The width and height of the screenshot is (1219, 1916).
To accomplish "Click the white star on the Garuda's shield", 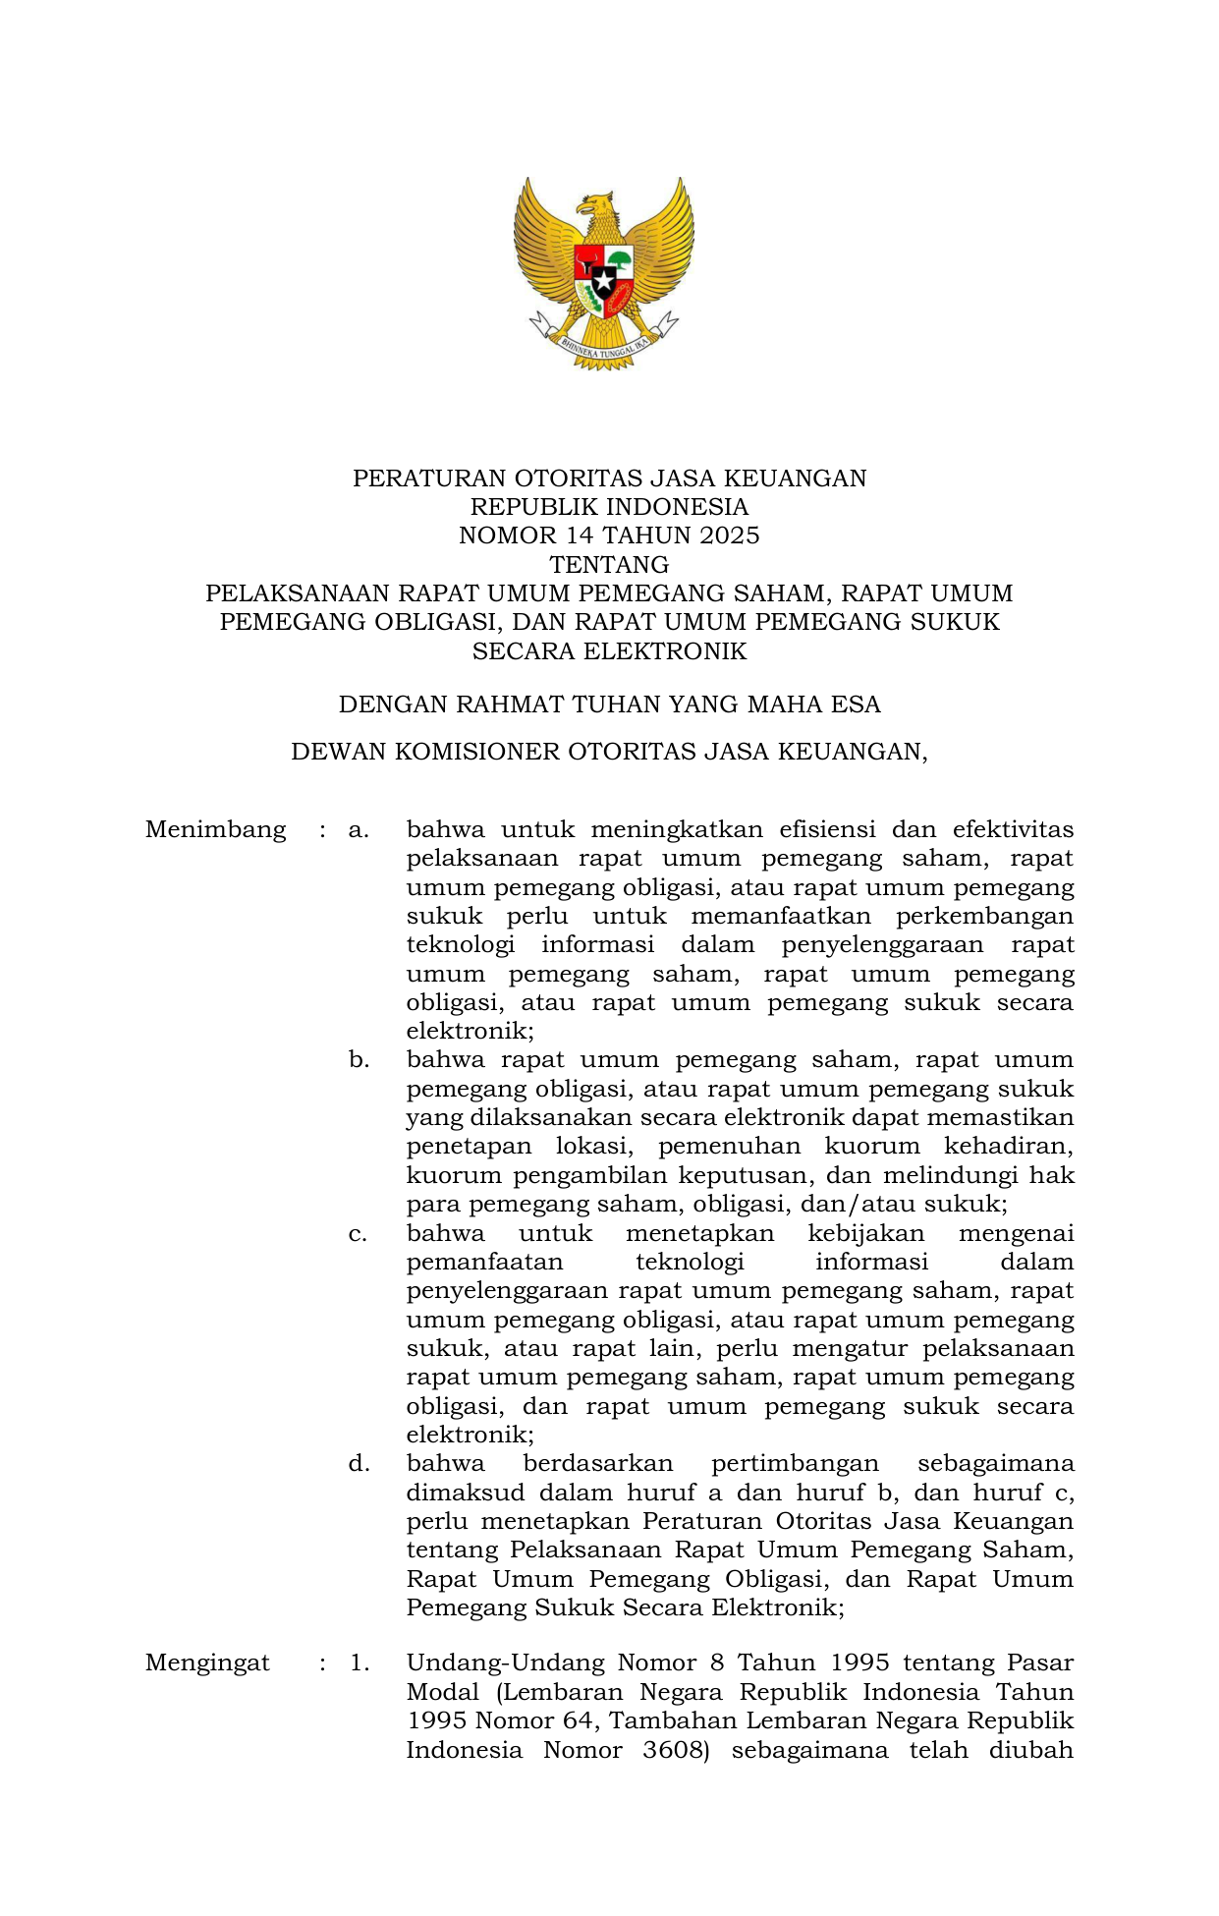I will pyautogui.click(x=603, y=281).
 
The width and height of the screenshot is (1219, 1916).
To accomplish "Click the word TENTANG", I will pyautogui.click(x=609, y=565).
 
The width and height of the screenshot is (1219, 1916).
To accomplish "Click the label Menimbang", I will pyautogui.click(x=215, y=829).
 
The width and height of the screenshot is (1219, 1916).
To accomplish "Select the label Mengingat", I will pyautogui.click(x=207, y=1662).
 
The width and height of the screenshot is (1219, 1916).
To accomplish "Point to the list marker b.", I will pyautogui.click(x=359, y=1060).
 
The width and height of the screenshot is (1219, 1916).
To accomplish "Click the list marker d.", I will pyautogui.click(x=359, y=1464).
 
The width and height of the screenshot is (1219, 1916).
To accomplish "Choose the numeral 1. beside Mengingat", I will pyautogui.click(x=360, y=1662).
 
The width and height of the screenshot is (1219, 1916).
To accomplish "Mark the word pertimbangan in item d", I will pyautogui.click(x=795, y=1464).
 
